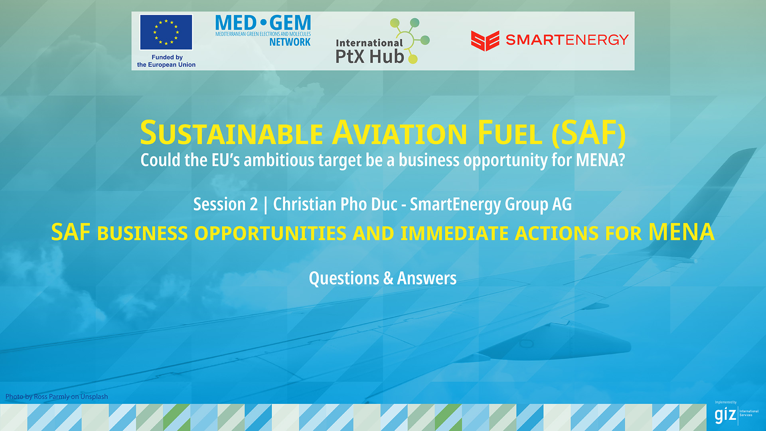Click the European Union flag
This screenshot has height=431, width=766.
(x=166, y=32)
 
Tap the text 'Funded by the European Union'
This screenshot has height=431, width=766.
(x=166, y=61)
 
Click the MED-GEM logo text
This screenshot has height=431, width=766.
(x=263, y=23)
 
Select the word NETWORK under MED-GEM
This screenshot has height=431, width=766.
(x=290, y=42)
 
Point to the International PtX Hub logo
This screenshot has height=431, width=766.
(x=382, y=41)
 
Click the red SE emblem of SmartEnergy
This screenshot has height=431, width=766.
(x=485, y=41)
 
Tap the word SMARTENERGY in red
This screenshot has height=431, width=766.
(x=567, y=40)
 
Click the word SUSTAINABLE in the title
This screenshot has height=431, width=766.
(x=231, y=133)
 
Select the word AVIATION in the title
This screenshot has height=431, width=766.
(x=400, y=133)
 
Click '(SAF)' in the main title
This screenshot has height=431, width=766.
(x=589, y=133)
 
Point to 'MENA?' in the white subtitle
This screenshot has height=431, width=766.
(x=600, y=160)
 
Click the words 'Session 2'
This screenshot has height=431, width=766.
(x=225, y=204)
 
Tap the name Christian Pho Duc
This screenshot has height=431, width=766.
(x=335, y=204)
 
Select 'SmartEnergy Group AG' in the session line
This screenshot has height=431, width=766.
(x=491, y=205)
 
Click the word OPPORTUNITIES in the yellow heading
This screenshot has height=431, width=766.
(x=270, y=233)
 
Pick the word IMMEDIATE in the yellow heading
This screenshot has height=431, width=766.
(x=454, y=233)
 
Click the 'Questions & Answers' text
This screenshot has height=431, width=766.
(x=383, y=278)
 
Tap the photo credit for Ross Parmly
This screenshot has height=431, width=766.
(x=57, y=397)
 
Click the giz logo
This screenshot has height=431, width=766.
(x=736, y=413)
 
